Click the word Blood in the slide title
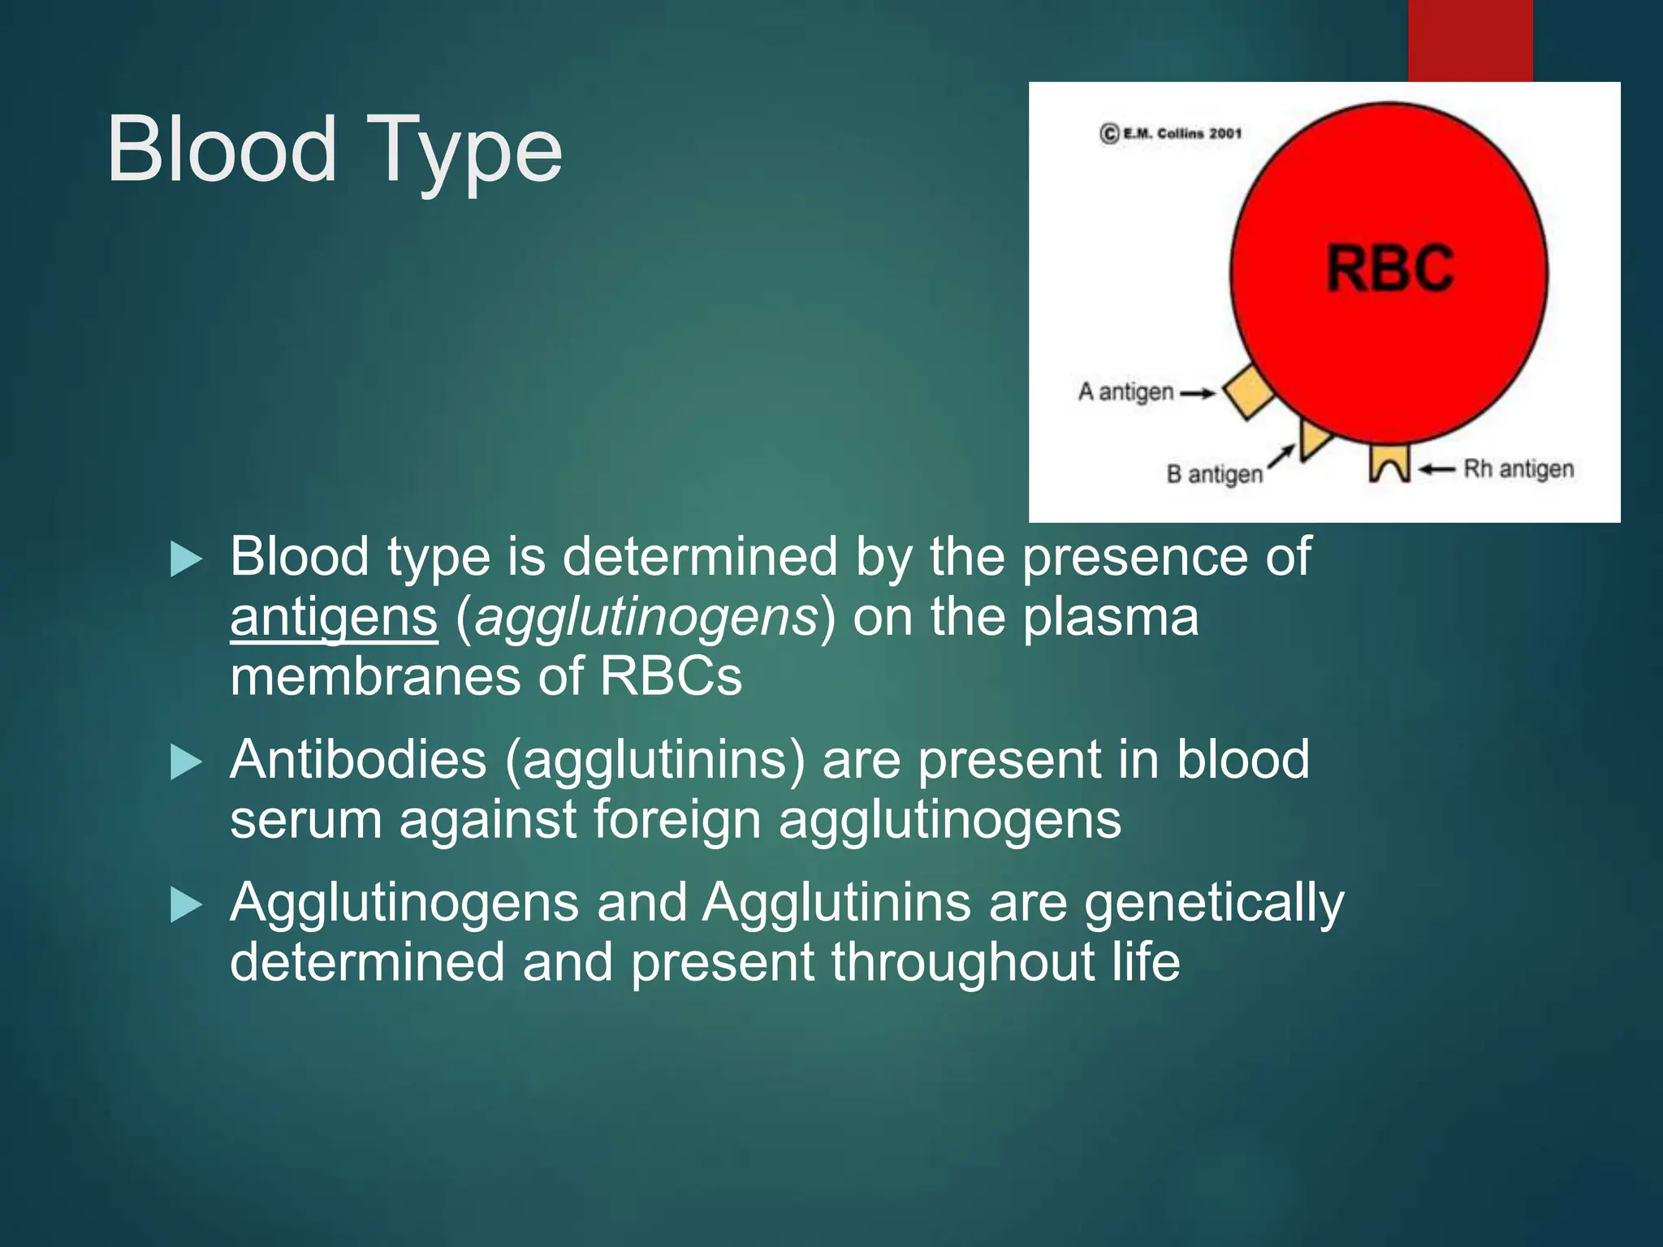[x=221, y=150]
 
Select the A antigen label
[x=1125, y=392]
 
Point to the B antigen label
[x=1214, y=474]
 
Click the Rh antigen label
[x=1518, y=469]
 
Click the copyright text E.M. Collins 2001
[x=1172, y=133]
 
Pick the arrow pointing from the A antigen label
[x=1197, y=394]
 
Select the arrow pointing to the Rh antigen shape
[x=1436, y=469]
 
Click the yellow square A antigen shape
[x=1248, y=392]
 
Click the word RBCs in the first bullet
[x=670, y=676]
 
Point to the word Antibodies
[x=357, y=761]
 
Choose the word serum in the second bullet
[x=305, y=820]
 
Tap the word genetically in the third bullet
[x=1213, y=904]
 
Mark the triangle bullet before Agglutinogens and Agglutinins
[x=186, y=905]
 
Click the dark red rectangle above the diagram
[x=1470, y=41]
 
